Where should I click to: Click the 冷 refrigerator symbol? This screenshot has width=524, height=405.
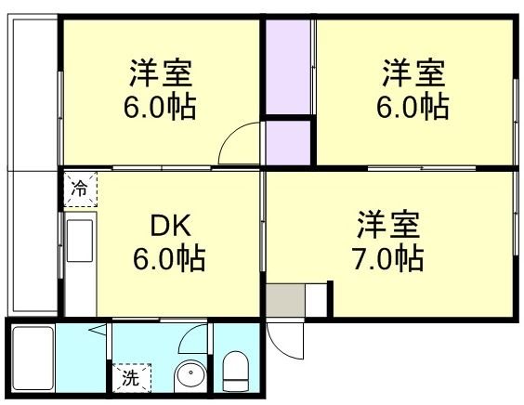coord(80,189)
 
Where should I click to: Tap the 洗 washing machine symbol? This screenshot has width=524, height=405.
coord(129,378)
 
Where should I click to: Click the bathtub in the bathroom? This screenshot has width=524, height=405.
coord(32,359)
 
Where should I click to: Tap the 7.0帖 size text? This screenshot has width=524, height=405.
coord(390,257)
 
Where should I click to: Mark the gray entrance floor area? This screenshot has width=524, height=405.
coord(285,300)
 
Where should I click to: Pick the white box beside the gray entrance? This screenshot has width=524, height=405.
coord(317,300)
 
